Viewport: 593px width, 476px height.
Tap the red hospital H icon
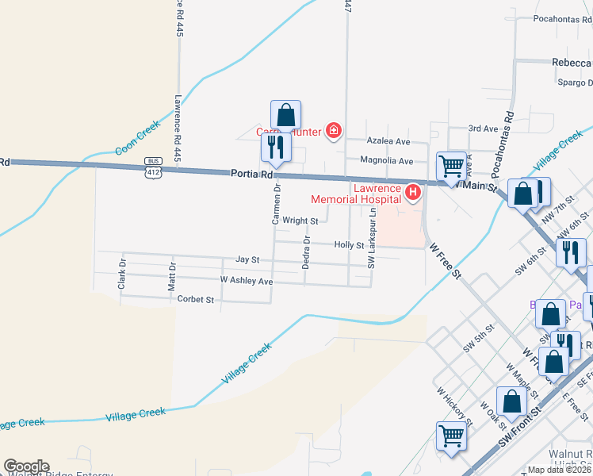pyautogui.click(x=412, y=193)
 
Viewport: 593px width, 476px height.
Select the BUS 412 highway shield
pyautogui.click(x=153, y=167)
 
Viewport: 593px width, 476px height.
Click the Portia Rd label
pyautogui.click(x=252, y=173)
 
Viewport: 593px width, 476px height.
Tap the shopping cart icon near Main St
pyautogui.click(x=451, y=167)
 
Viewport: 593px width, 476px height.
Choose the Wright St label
pyautogui.click(x=300, y=221)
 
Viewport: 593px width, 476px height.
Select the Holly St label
pyautogui.click(x=349, y=246)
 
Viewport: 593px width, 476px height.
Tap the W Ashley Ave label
pyautogui.click(x=247, y=281)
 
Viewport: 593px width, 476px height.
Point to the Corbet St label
pyautogui.click(x=196, y=300)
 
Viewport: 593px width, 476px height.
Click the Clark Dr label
pyautogui.click(x=122, y=272)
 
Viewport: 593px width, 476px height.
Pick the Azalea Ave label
pyautogui.click(x=388, y=141)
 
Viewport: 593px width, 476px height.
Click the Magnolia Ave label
pyautogui.click(x=387, y=161)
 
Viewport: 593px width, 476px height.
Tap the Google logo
pyautogui.click(x=26, y=466)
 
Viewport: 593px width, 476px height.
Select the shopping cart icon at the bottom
pyautogui.click(x=451, y=436)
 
